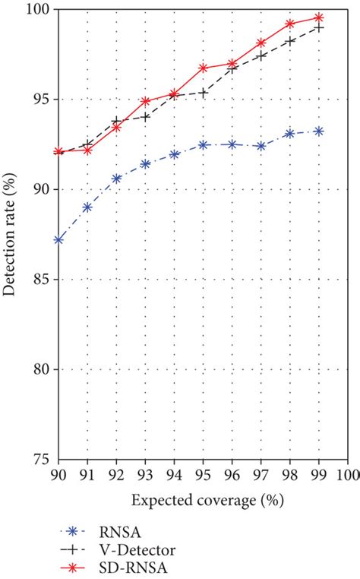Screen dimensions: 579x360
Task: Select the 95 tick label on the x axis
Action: tap(203, 474)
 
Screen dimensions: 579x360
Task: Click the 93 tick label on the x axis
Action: tap(145, 474)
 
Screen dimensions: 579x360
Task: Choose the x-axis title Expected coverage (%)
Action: tap(202, 501)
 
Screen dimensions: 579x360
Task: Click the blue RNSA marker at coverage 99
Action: tap(318, 131)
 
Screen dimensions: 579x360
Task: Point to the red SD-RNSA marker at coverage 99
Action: tap(318, 17)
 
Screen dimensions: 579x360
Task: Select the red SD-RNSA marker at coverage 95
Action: tap(203, 68)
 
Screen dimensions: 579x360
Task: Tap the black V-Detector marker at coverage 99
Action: tap(318, 27)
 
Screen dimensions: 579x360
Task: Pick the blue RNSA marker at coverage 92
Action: tap(116, 179)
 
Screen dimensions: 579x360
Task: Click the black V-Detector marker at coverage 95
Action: tap(203, 93)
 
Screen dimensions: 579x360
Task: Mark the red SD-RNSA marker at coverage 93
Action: tap(145, 100)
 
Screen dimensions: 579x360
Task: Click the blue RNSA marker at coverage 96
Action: tap(232, 144)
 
